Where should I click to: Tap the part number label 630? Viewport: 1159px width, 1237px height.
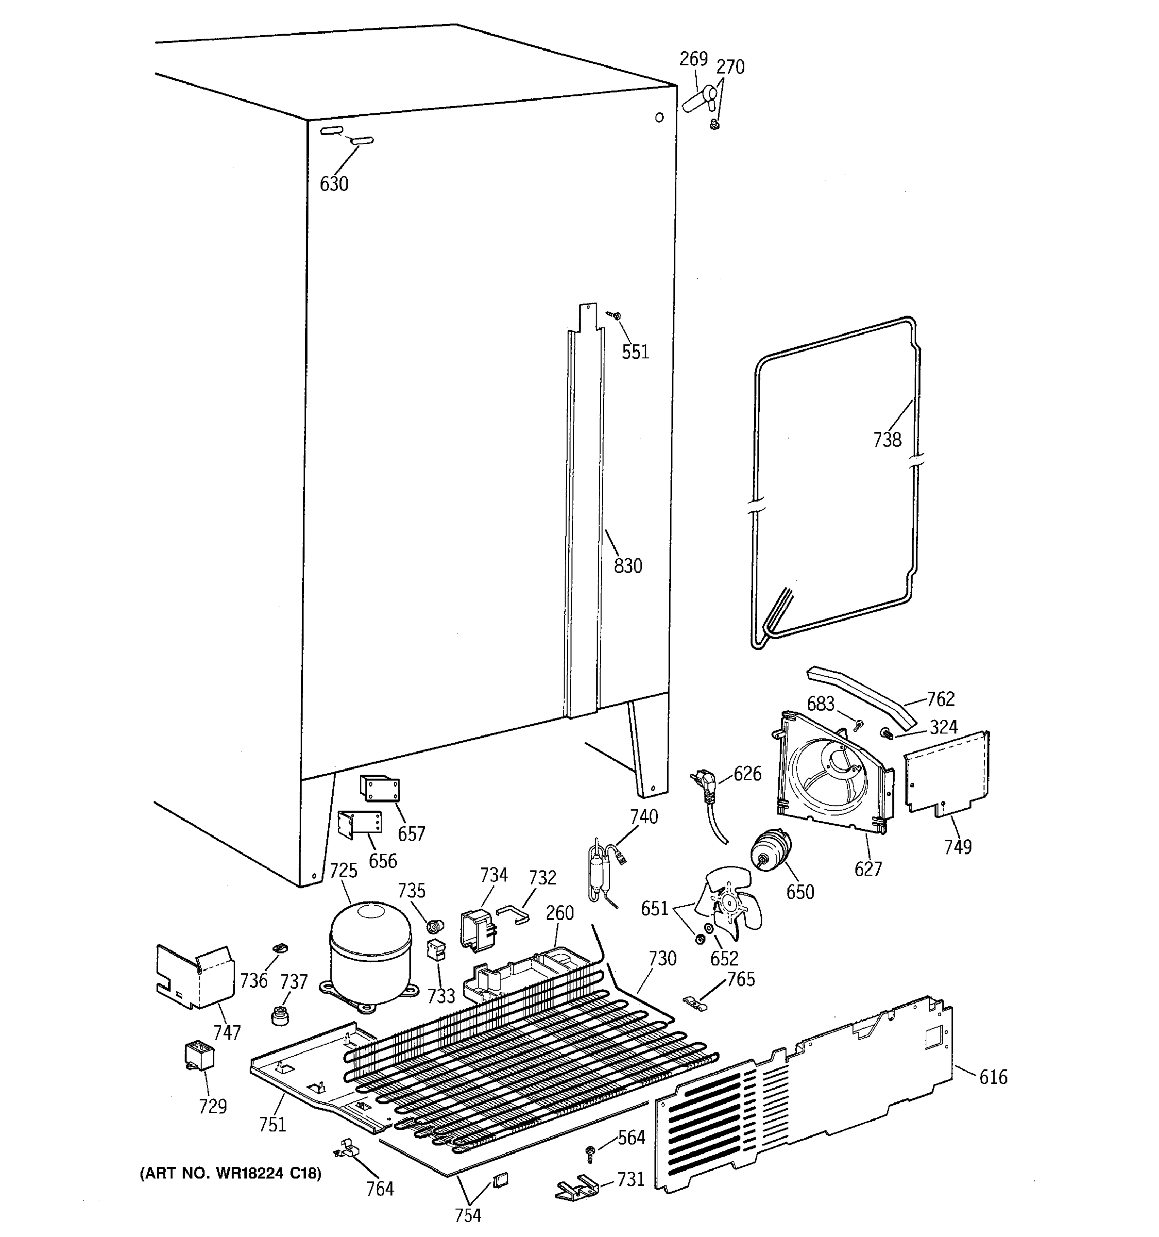(x=334, y=184)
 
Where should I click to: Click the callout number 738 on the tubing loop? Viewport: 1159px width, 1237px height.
(x=887, y=440)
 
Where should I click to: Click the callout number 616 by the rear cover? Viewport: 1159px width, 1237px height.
(x=993, y=1077)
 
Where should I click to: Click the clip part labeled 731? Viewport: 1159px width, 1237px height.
(x=576, y=1186)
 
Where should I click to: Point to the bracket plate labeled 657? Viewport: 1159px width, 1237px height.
(x=379, y=789)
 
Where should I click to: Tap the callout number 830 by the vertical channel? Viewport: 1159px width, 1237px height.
(x=627, y=565)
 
